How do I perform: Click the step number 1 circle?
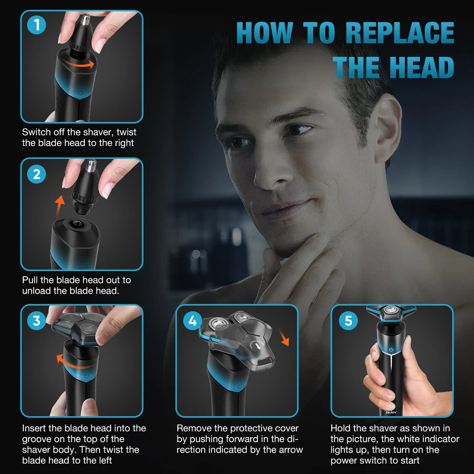[36, 25]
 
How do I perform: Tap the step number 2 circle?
[36, 174]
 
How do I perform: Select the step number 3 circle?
[36, 321]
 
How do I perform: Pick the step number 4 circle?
[192, 321]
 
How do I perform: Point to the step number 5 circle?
[348, 321]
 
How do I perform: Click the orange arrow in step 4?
[283, 337]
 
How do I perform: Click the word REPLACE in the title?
[400, 33]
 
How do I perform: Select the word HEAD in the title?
[422, 67]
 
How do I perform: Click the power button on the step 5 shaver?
[391, 349]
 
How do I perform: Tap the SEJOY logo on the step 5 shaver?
[391, 412]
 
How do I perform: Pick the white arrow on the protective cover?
[258, 347]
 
